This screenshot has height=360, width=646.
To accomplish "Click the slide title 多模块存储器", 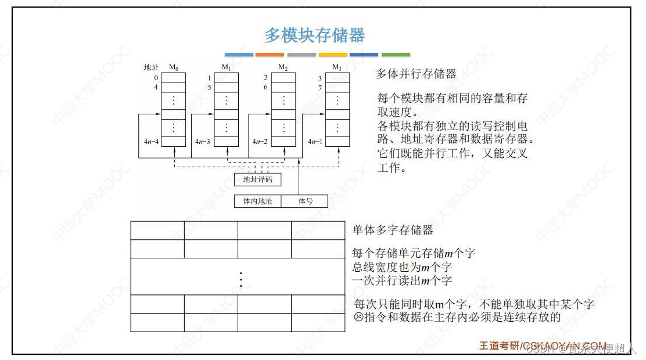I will (x=315, y=35).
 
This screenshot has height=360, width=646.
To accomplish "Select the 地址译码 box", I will (x=257, y=179).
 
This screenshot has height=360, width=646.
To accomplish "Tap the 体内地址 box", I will (x=257, y=201).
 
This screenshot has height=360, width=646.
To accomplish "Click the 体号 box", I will (x=305, y=201).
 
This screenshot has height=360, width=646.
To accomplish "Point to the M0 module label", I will (x=174, y=67).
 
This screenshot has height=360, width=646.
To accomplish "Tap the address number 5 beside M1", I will (x=209, y=88).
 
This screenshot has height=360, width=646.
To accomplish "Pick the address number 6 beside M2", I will (x=265, y=88).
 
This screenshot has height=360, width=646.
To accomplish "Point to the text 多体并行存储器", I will (x=416, y=74).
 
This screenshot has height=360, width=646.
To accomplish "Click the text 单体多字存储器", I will (x=393, y=230).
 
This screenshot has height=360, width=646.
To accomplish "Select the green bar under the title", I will (x=396, y=55).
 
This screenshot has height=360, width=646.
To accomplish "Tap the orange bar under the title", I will (x=270, y=55).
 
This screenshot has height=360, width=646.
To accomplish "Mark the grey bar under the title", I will (x=302, y=55).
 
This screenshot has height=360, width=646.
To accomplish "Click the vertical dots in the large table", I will (x=241, y=280).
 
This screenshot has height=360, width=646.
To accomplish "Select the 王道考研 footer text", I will (x=499, y=345).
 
